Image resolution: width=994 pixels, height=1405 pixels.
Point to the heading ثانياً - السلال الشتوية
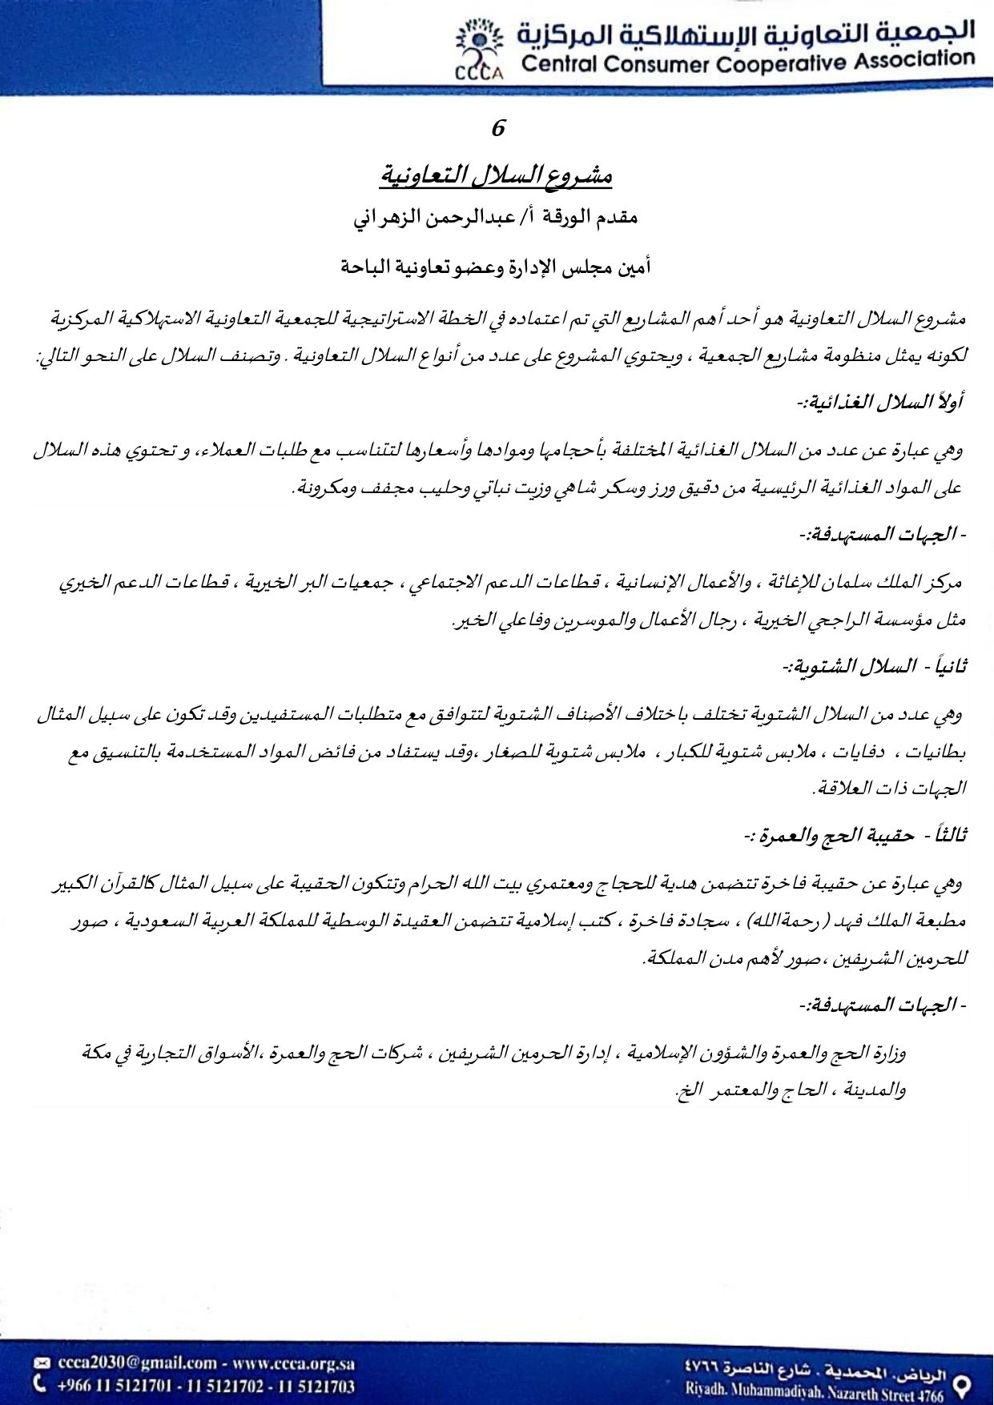tap(875, 665)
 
